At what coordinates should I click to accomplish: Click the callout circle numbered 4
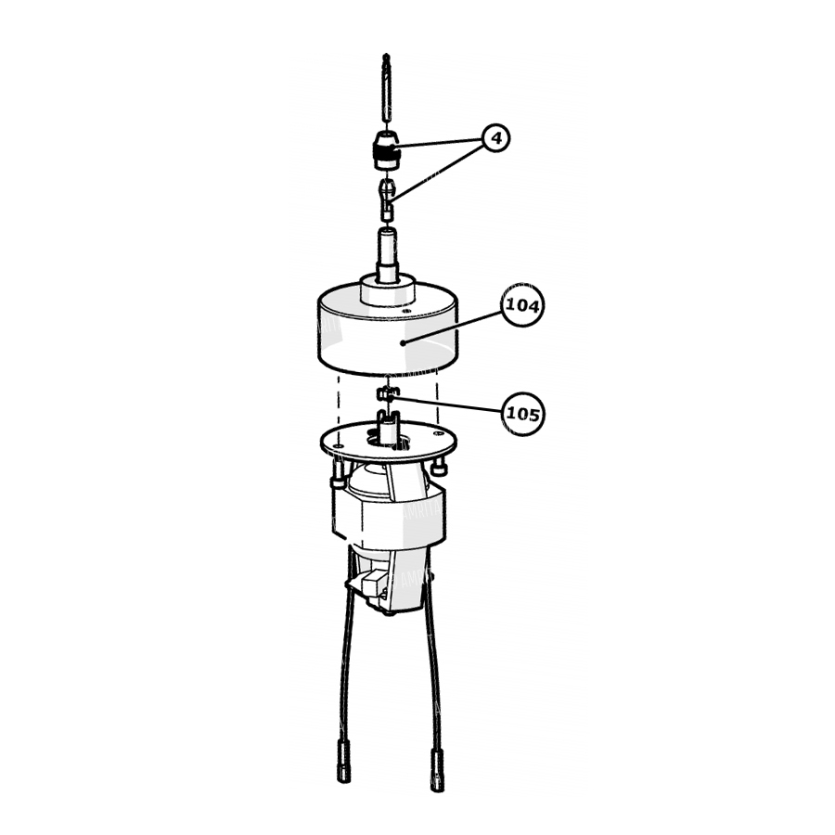(x=496, y=138)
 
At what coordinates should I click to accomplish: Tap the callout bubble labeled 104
(x=523, y=305)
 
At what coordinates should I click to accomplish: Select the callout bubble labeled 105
(x=523, y=414)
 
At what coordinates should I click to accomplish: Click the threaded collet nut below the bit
(x=388, y=151)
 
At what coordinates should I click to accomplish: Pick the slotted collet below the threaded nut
(x=387, y=199)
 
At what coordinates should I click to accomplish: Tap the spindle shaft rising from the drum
(x=387, y=253)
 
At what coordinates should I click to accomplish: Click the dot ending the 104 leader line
(x=404, y=343)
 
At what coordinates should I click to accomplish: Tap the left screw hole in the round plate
(x=339, y=443)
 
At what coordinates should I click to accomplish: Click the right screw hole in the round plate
(x=438, y=434)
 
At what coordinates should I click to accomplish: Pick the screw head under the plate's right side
(x=439, y=469)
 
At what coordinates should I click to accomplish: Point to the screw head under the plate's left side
(x=337, y=476)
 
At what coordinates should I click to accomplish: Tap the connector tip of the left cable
(x=344, y=764)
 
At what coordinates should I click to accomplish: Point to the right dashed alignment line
(x=438, y=398)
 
